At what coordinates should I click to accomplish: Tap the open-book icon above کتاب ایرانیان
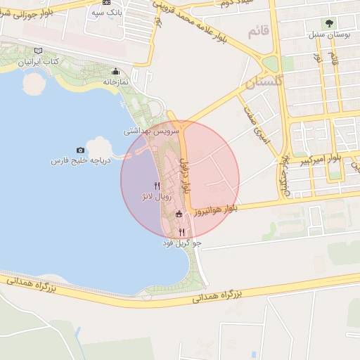(39, 51)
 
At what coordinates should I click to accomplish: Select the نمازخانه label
(117, 82)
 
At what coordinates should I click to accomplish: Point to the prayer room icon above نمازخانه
(116, 72)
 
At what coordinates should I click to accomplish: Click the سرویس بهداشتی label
(152, 131)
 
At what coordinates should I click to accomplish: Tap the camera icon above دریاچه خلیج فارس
(80, 150)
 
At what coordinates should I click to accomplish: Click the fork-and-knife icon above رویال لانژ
(156, 186)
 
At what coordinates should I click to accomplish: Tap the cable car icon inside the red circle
(179, 214)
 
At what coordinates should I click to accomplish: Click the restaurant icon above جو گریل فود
(181, 231)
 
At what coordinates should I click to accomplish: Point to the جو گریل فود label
(182, 243)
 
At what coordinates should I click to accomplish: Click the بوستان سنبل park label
(328, 34)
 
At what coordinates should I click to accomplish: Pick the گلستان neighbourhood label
(263, 84)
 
